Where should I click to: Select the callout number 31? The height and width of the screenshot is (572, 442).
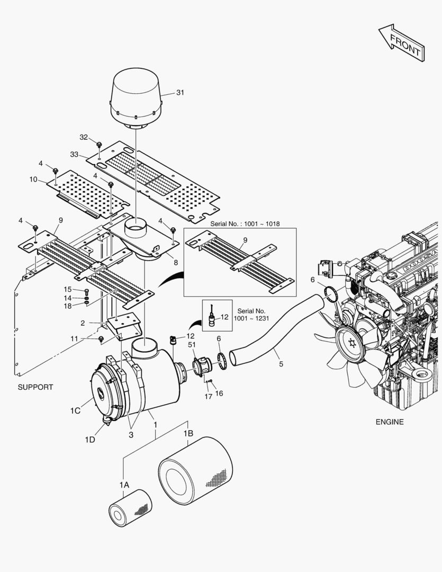tap(180, 93)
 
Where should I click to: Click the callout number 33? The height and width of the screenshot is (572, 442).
tap(75, 154)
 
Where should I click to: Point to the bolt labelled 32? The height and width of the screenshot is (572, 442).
tap(99, 144)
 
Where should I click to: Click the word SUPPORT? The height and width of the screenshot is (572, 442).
tap(35, 387)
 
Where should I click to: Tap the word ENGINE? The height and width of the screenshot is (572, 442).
tap(389, 422)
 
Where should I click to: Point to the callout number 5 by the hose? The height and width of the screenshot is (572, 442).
tap(281, 364)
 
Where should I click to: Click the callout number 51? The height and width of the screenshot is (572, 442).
tap(191, 345)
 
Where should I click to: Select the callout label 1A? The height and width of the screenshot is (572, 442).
tap(124, 485)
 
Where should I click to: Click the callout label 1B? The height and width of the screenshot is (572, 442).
tap(188, 433)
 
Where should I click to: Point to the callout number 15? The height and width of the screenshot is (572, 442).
tap(68, 289)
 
